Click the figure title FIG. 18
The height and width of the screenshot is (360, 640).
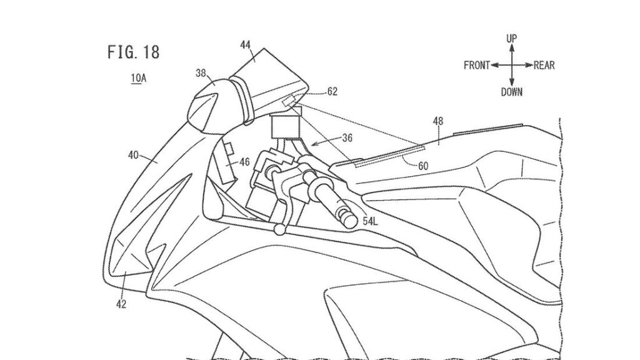133,52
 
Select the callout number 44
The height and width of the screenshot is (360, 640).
246,44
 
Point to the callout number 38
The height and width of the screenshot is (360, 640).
201,73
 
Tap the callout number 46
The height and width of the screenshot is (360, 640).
244,162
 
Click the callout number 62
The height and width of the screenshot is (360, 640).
332,92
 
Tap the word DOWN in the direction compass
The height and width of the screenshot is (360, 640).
511,92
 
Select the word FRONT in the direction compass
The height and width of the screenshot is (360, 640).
476,66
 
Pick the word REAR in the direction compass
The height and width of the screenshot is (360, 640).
544,66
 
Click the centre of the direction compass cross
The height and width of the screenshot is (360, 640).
511,65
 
